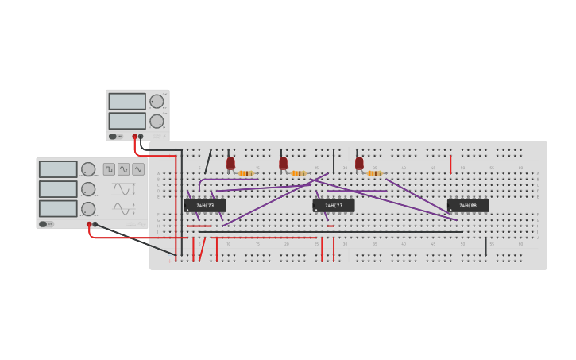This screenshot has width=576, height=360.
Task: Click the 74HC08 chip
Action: click(468, 205)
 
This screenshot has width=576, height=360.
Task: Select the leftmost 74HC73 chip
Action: click(205, 205)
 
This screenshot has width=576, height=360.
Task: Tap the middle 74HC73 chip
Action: click(334, 205)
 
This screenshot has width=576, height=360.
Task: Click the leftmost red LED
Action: click(230, 163)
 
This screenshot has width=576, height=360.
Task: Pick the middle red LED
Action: click(283, 163)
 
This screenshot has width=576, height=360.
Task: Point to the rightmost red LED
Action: click(359, 163)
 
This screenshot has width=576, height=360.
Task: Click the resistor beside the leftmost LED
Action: click(246, 172)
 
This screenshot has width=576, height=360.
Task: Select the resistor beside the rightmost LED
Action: click(374, 172)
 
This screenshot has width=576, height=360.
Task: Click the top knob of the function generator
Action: click(88, 169)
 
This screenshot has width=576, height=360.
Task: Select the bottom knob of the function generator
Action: click(88, 208)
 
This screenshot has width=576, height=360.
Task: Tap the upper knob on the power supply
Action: click(157, 101)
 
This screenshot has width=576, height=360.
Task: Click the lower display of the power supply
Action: click(127, 121)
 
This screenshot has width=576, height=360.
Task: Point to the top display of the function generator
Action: click(58, 169)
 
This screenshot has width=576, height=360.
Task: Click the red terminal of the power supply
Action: click(135, 137)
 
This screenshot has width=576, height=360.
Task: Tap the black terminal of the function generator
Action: click(95, 224)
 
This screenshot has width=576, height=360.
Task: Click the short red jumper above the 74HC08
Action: click(450, 165)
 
